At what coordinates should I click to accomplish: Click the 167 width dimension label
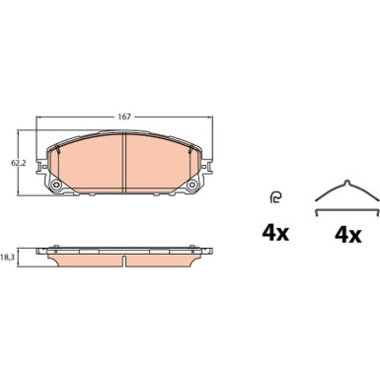point(124,116)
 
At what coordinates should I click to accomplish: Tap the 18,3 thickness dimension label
point(6,258)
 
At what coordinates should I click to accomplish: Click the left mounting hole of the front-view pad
point(56,186)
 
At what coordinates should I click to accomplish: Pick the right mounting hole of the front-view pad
point(191,186)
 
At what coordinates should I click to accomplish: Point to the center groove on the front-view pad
point(124,163)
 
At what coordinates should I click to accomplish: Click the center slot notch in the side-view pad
point(124,262)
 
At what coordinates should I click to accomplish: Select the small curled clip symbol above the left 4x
point(275,197)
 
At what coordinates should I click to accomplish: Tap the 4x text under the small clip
point(275,233)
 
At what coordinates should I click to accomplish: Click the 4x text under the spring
point(347,235)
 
